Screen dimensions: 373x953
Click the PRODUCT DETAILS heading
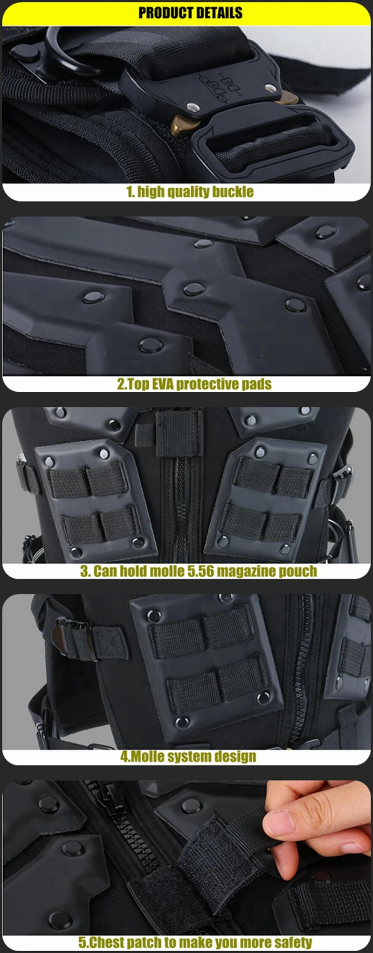[190, 12]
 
